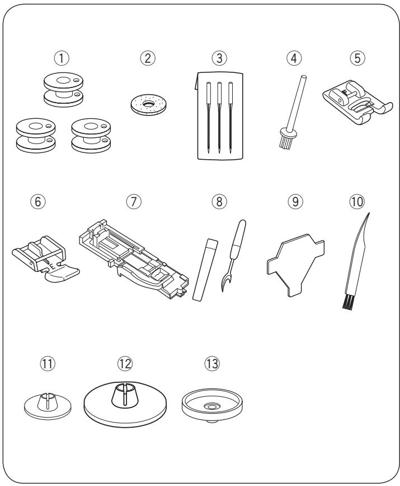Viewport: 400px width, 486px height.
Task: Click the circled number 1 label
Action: [62, 58]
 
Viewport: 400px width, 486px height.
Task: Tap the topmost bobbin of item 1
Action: [63, 90]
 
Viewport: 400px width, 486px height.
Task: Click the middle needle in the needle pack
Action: [220, 117]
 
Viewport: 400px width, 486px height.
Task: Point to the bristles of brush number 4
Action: [285, 141]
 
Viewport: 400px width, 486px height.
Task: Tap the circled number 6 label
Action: [37, 201]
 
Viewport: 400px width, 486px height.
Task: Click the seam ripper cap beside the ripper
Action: [205, 269]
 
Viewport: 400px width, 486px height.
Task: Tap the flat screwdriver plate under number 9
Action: [295, 265]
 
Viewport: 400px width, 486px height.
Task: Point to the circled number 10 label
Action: [357, 201]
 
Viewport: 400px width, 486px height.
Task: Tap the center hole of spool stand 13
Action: [211, 406]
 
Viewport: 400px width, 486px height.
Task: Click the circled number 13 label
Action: [212, 363]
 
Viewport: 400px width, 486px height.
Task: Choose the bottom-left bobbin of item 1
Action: [36, 136]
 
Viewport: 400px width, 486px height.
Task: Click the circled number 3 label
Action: [219, 58]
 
